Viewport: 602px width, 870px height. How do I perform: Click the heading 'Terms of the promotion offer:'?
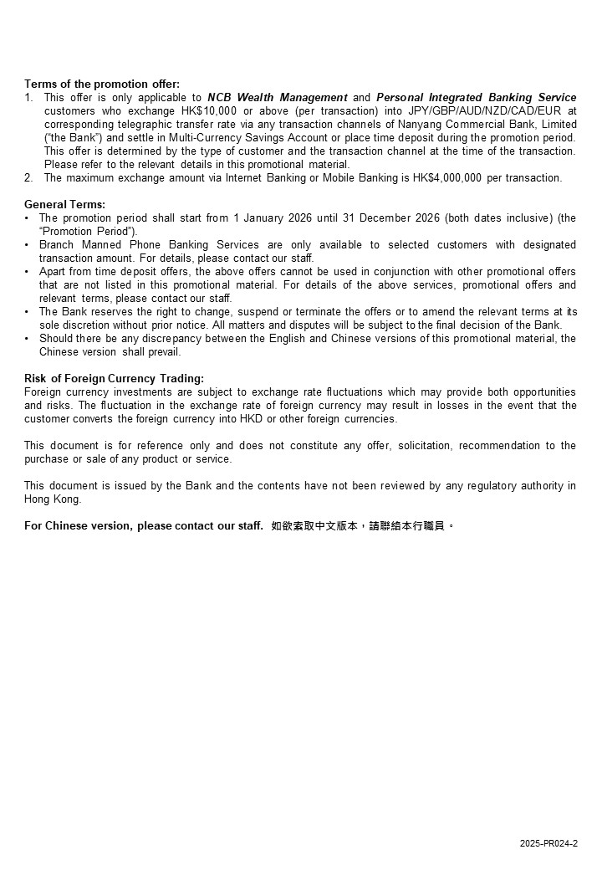[102, 84]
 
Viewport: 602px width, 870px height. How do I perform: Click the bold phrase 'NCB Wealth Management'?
[278, 97]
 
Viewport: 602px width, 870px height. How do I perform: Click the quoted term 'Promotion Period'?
[88, 231]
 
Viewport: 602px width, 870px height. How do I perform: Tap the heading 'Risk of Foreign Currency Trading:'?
[114, 378]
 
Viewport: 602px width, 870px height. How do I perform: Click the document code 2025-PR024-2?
[548, 844]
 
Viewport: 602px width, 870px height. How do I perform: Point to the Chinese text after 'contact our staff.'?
[363, 526]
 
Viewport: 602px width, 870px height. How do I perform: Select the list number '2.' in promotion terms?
[29, 177]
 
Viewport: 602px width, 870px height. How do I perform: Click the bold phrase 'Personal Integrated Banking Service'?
[476, 97]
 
